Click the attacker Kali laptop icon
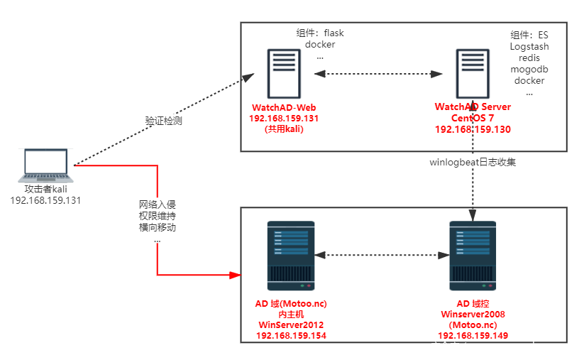(x=45, y=166)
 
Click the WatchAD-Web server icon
(x=282, y=73)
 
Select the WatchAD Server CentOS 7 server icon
(x=473, y=73)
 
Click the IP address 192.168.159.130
(x=473, y=130)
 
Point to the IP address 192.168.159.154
(x=291, y=336)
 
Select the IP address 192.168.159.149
(x=473, y=336)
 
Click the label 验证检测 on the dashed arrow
(x=163, y=121)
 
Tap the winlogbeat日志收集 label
(x=473, y=162)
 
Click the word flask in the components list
(x=333, y=33)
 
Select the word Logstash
(x=529, y=46)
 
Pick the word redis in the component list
(x=529, y=58)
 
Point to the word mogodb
(x=529, y=70)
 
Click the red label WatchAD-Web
(x=282, y=107)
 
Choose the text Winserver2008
(x=473, y=314)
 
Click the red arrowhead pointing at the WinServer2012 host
(x=236, y=274)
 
